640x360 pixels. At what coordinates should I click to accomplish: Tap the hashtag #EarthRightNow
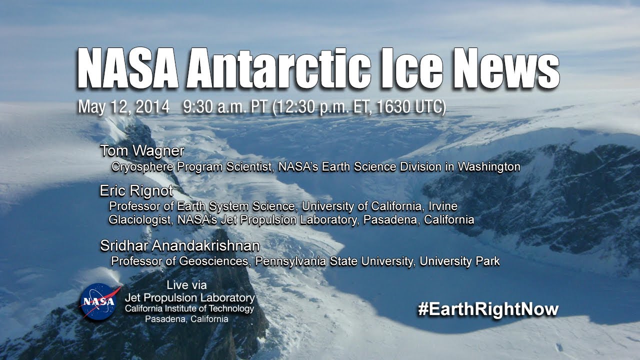point(488,309)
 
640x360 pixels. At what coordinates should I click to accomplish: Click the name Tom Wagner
point(142,151)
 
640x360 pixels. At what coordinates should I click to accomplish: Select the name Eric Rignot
point(136,191)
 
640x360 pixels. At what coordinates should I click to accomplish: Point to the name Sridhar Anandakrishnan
point(180,245)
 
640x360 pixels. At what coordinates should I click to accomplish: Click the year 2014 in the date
point(152,107)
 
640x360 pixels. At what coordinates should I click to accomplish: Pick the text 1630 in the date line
point(392,107)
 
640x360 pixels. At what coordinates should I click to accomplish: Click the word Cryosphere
point(142,167)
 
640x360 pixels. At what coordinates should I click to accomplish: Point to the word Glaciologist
point(140,220)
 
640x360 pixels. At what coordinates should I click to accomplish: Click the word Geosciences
point(213,261)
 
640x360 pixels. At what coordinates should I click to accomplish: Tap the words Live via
point(186,285)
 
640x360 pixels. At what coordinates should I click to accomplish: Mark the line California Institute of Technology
point(189,308)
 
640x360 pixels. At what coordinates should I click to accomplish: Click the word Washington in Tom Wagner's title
point(489,167)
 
